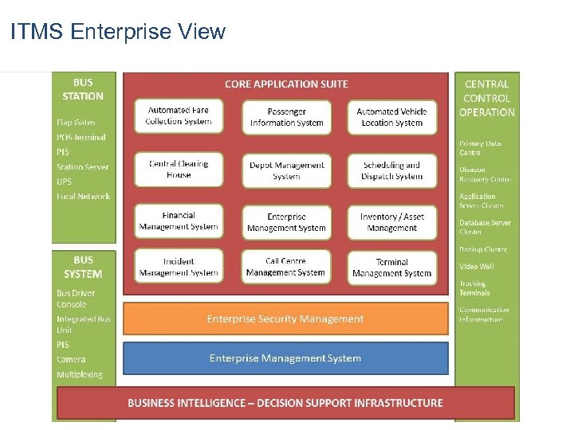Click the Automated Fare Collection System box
179,116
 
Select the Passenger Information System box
286,118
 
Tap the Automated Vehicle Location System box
391,117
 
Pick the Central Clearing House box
179,170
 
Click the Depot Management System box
286,170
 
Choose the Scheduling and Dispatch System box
391,170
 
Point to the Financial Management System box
179,221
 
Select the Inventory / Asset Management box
391,222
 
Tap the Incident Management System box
179,267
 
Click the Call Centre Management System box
285,267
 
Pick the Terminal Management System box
391,268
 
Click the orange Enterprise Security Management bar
285,319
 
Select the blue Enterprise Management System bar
285,358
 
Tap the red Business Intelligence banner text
285,403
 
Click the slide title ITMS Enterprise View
118,32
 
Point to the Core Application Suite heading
286,84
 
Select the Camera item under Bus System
71,360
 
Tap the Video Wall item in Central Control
476,266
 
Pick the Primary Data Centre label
480,147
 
